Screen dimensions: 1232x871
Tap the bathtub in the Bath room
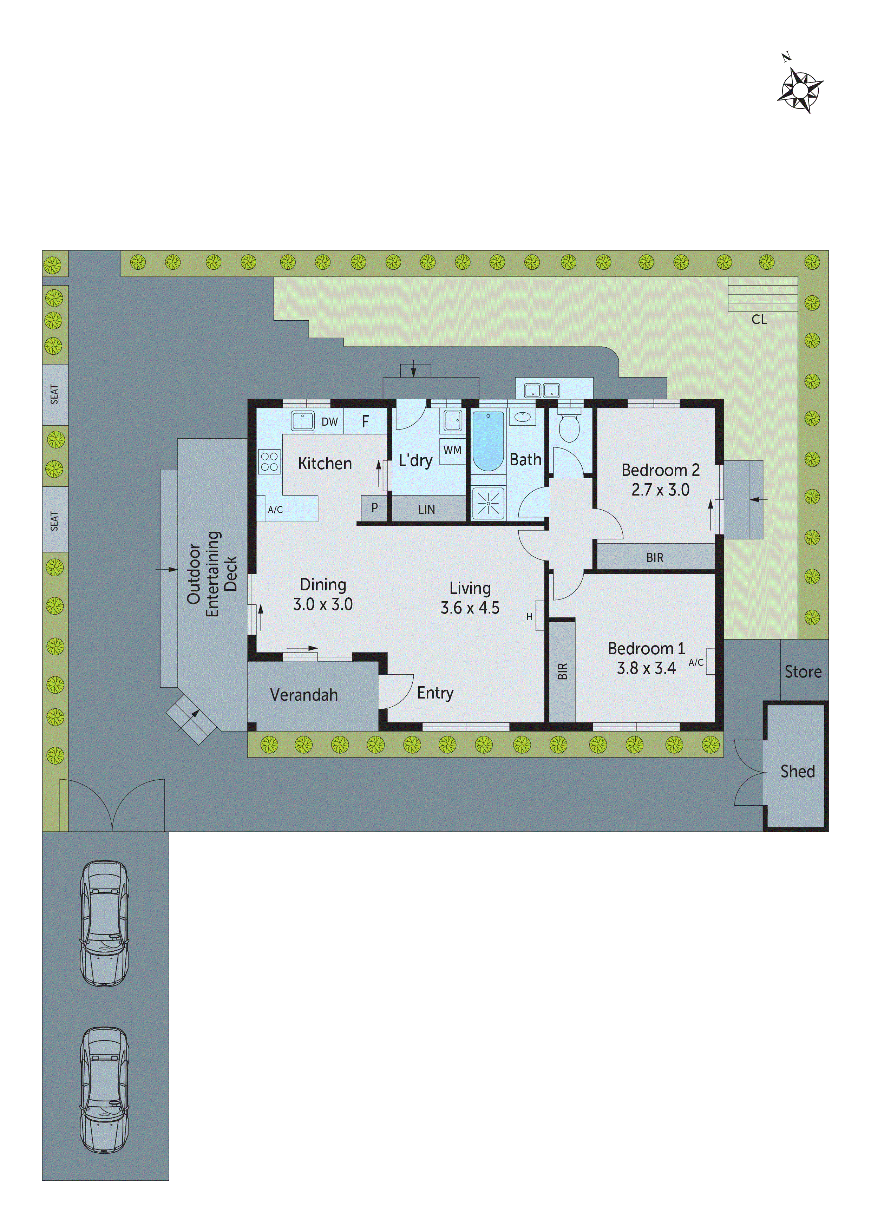[488, 440]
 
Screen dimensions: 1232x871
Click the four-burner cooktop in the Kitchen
[269, 461]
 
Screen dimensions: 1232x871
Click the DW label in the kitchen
[329, 422]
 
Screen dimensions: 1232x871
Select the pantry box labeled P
[374, 507]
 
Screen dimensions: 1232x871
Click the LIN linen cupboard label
[427, 509]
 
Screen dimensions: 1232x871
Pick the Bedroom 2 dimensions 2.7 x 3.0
[660, 489]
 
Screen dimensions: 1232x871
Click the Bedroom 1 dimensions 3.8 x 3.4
[646, 668]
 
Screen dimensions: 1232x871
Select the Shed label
[798, 771]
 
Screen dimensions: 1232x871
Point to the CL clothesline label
[759, 320]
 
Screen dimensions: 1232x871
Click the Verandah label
[304, 695]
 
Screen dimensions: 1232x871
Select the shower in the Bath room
[488, 503]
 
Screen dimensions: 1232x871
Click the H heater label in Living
[529, 617]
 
